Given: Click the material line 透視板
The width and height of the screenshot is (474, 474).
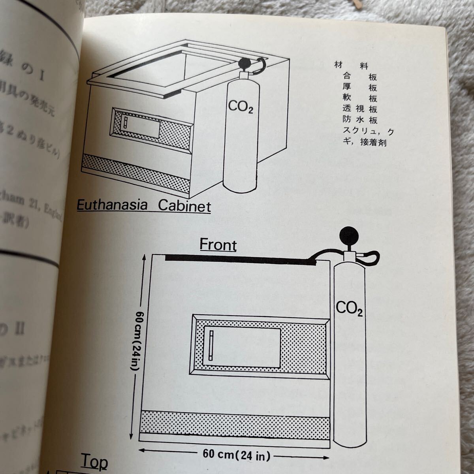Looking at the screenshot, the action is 360,109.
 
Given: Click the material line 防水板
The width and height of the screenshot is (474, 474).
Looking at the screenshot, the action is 360,120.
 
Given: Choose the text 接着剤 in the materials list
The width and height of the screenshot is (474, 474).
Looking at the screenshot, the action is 373,143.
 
